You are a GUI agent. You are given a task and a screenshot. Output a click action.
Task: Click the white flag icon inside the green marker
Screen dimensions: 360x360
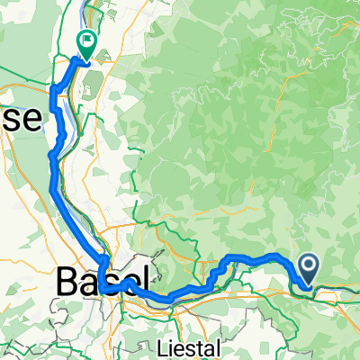click(x=87, y=39)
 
